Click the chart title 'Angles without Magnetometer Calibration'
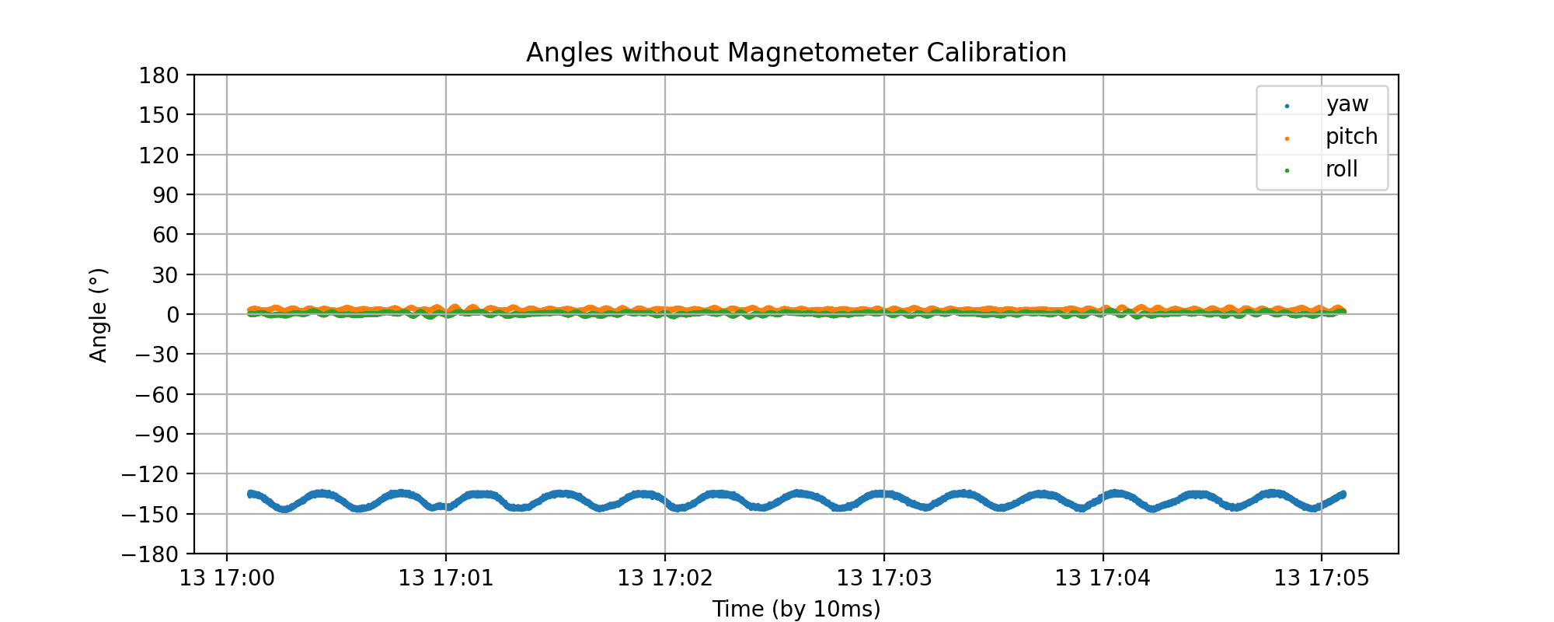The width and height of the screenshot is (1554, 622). tap(796, 53)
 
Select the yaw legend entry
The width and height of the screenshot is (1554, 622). tap(1347, 104)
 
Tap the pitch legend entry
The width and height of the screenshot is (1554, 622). tap(1351, 137)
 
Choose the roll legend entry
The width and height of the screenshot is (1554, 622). tap(1341, 169)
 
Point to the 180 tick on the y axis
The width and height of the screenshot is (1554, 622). tap(159, 75)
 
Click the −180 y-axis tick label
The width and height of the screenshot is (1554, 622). tap(156, 554)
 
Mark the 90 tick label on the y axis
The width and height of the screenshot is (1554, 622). tap(164, 195)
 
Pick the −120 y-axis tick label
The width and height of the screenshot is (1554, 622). tap(156, 474)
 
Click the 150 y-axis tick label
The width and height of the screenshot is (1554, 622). tap(159, 115)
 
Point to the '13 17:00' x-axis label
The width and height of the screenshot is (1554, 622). tap(226, 578)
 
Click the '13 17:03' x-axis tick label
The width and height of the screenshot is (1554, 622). tap(883, 578)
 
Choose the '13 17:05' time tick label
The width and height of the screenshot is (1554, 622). tap(1322, 578)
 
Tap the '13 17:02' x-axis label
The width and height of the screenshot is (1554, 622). tap(664, 578)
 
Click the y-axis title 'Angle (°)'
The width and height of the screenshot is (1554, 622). tap(99, 315)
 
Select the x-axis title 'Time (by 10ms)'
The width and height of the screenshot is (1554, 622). tap(796, 609)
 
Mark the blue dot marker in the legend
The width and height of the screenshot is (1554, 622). tap(1287, 106)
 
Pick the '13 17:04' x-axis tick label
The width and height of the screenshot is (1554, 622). tap(1103, 578)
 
